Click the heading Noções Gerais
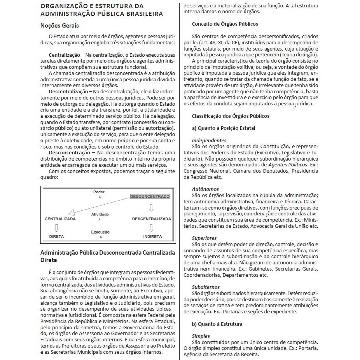59,26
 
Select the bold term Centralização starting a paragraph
64,55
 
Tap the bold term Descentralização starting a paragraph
68,91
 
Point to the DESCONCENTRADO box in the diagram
150,196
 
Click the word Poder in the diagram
99,192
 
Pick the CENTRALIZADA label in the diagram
60,219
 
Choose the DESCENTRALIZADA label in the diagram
152,219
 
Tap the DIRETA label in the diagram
56,236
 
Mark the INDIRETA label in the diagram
153,236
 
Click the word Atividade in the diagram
100,215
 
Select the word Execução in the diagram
100,232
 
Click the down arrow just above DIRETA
57,227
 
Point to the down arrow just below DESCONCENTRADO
151,207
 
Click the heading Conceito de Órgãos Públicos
225,24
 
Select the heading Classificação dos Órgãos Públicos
231,116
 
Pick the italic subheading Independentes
209,140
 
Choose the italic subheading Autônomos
205,189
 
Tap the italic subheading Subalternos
206,287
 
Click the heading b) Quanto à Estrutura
217,324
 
